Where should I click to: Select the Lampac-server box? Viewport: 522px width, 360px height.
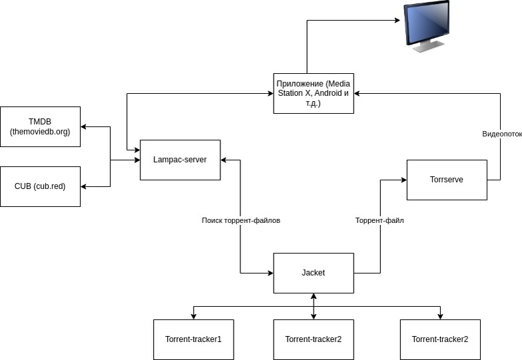tap(180, 160)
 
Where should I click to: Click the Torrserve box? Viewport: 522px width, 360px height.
tap(446, 180)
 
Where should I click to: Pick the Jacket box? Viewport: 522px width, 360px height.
tap(313, 273)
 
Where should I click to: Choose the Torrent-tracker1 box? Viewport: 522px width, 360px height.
tap(193, 339)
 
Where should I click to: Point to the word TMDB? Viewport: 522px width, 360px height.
tap(40, 122)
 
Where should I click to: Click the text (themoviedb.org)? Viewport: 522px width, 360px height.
tap(40, 132)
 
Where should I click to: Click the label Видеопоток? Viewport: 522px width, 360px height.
tap(501, 134)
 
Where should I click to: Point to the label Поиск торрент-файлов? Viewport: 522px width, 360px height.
tap(240, 220)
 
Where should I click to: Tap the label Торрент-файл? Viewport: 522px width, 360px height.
tap(380, 220)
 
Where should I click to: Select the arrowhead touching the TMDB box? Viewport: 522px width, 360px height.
tap(84, 126)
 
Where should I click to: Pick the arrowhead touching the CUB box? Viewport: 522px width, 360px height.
tap(84, 186)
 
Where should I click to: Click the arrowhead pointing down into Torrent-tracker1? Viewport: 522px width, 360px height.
tap(193, 315)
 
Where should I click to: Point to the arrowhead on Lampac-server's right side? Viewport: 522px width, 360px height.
tap(224, 160)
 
